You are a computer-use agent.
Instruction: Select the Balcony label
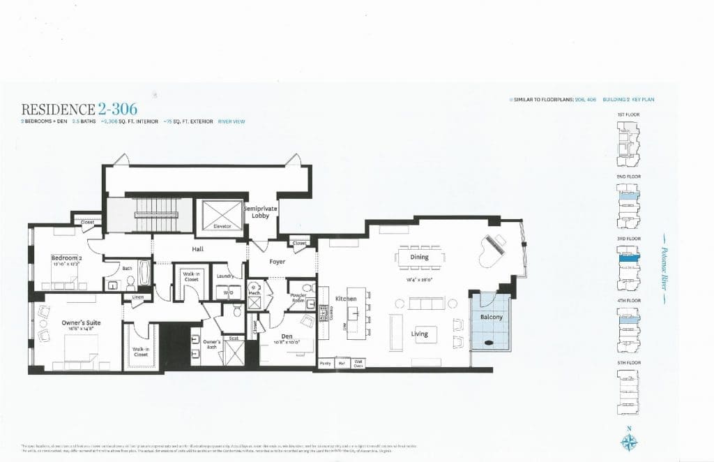(x=491, y=317)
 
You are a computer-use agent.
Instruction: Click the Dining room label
(x=419, y=257)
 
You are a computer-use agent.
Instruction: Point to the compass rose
(x=629, y=441)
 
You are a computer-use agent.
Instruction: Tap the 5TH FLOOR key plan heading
(x=629, y=363)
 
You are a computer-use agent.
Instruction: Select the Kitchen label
(x=346, y=299)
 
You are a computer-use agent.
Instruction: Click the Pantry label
(x=325, y=363)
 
